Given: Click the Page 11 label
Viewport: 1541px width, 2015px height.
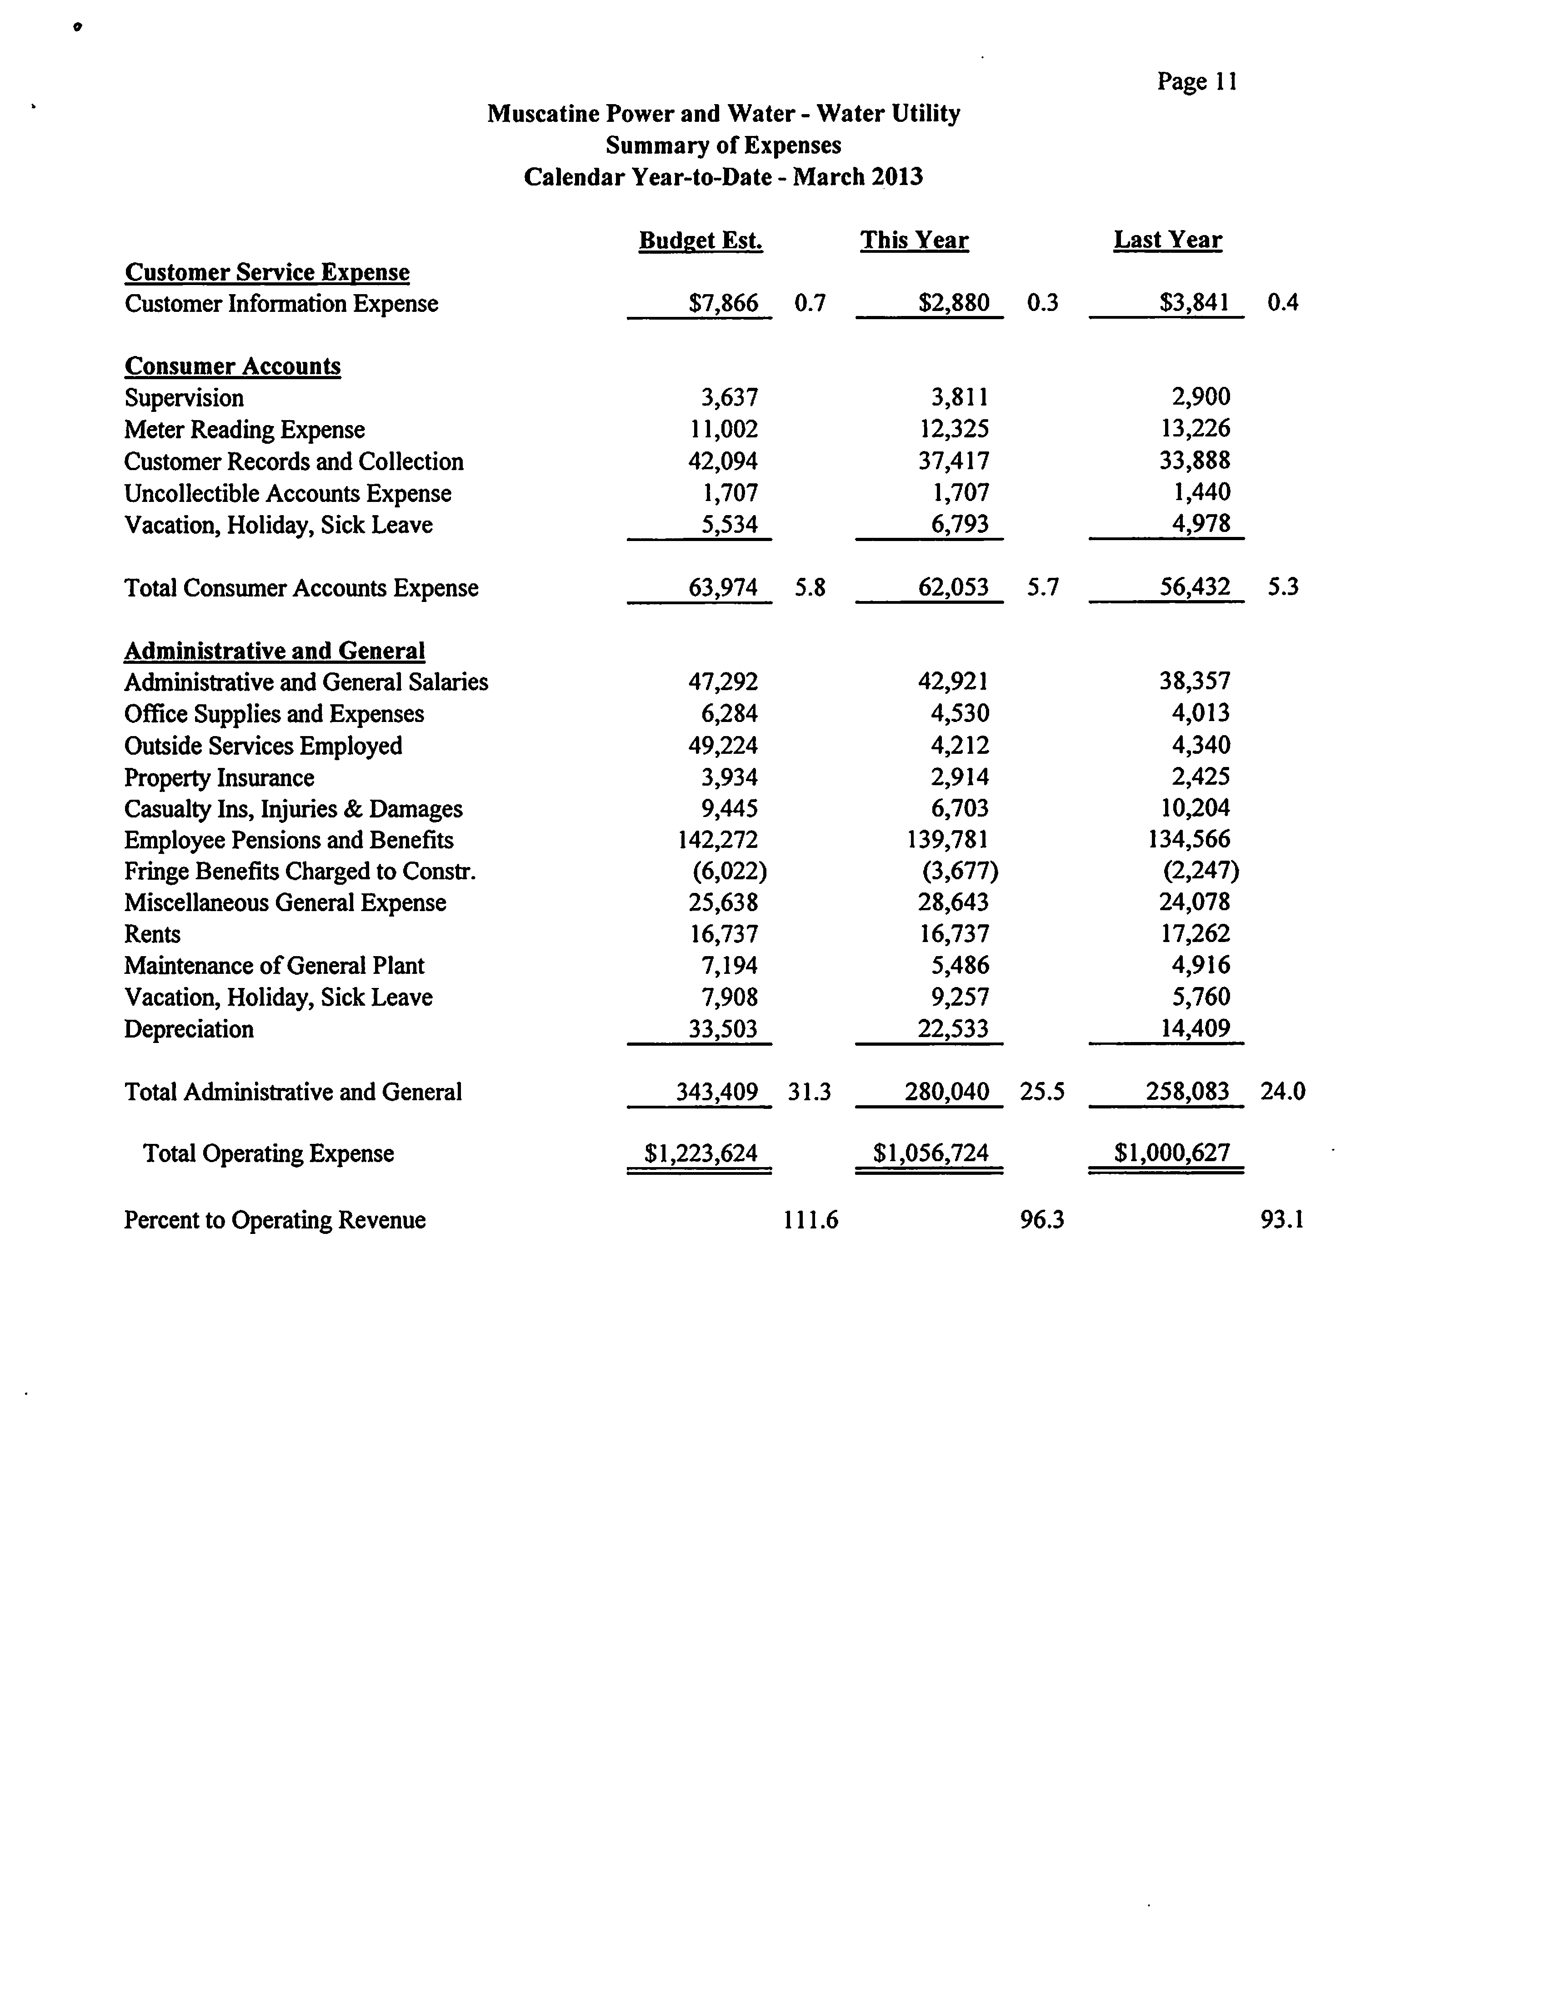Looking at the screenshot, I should tap(1197, 82).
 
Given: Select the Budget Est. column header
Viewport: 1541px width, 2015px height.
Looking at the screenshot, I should tap(701, 241).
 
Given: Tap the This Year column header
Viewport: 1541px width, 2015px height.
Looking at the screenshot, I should tap(914, 241).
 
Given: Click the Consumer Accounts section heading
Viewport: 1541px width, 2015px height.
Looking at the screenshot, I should tap(232, 366).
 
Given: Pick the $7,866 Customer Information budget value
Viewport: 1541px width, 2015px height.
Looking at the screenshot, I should tap(723, 303).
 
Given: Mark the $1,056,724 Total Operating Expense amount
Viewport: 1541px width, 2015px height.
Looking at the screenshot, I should tap(930, 1153).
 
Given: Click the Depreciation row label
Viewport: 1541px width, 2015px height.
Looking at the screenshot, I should tap(189, 1029).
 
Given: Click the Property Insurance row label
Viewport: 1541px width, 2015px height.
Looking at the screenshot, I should tap(219, 778).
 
